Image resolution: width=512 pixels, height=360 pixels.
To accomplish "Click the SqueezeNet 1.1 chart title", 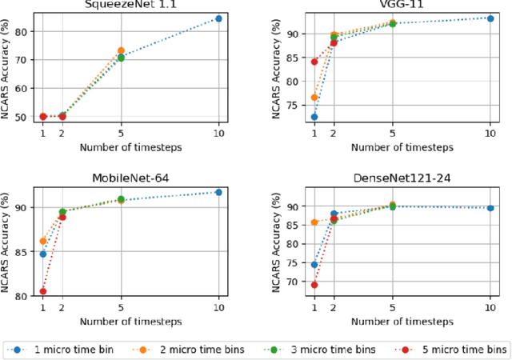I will (x=130, y=4).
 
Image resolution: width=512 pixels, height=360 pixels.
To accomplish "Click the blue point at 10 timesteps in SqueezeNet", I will (x=219, y=18).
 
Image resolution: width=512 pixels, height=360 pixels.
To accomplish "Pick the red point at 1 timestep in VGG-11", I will (x=314, y=62).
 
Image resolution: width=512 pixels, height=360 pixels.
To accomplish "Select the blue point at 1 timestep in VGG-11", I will (x=314, y=117).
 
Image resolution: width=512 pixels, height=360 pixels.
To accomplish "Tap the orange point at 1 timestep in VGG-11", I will (x=314, y=98).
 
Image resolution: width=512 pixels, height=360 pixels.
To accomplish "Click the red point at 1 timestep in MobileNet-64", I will (x=43, y=291).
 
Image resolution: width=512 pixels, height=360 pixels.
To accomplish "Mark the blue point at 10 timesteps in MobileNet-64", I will (x=219, y=192).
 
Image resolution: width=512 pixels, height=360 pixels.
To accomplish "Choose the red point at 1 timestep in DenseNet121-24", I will (x=314, y=285).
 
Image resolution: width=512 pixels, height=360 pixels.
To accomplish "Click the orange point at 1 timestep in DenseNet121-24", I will (x=314, y=222).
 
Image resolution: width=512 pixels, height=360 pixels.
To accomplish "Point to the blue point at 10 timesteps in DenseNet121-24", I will (x=490, y=208).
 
